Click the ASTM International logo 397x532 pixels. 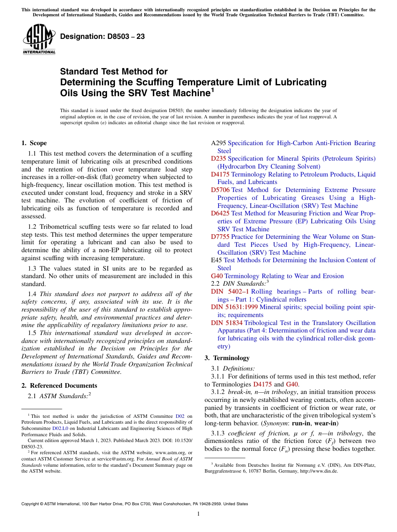39,40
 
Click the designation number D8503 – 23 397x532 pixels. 102,37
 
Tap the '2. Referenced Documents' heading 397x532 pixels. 59,386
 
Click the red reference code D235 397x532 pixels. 218,159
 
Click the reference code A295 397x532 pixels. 218,143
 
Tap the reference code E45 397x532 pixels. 216,260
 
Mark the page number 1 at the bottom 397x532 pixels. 198,514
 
